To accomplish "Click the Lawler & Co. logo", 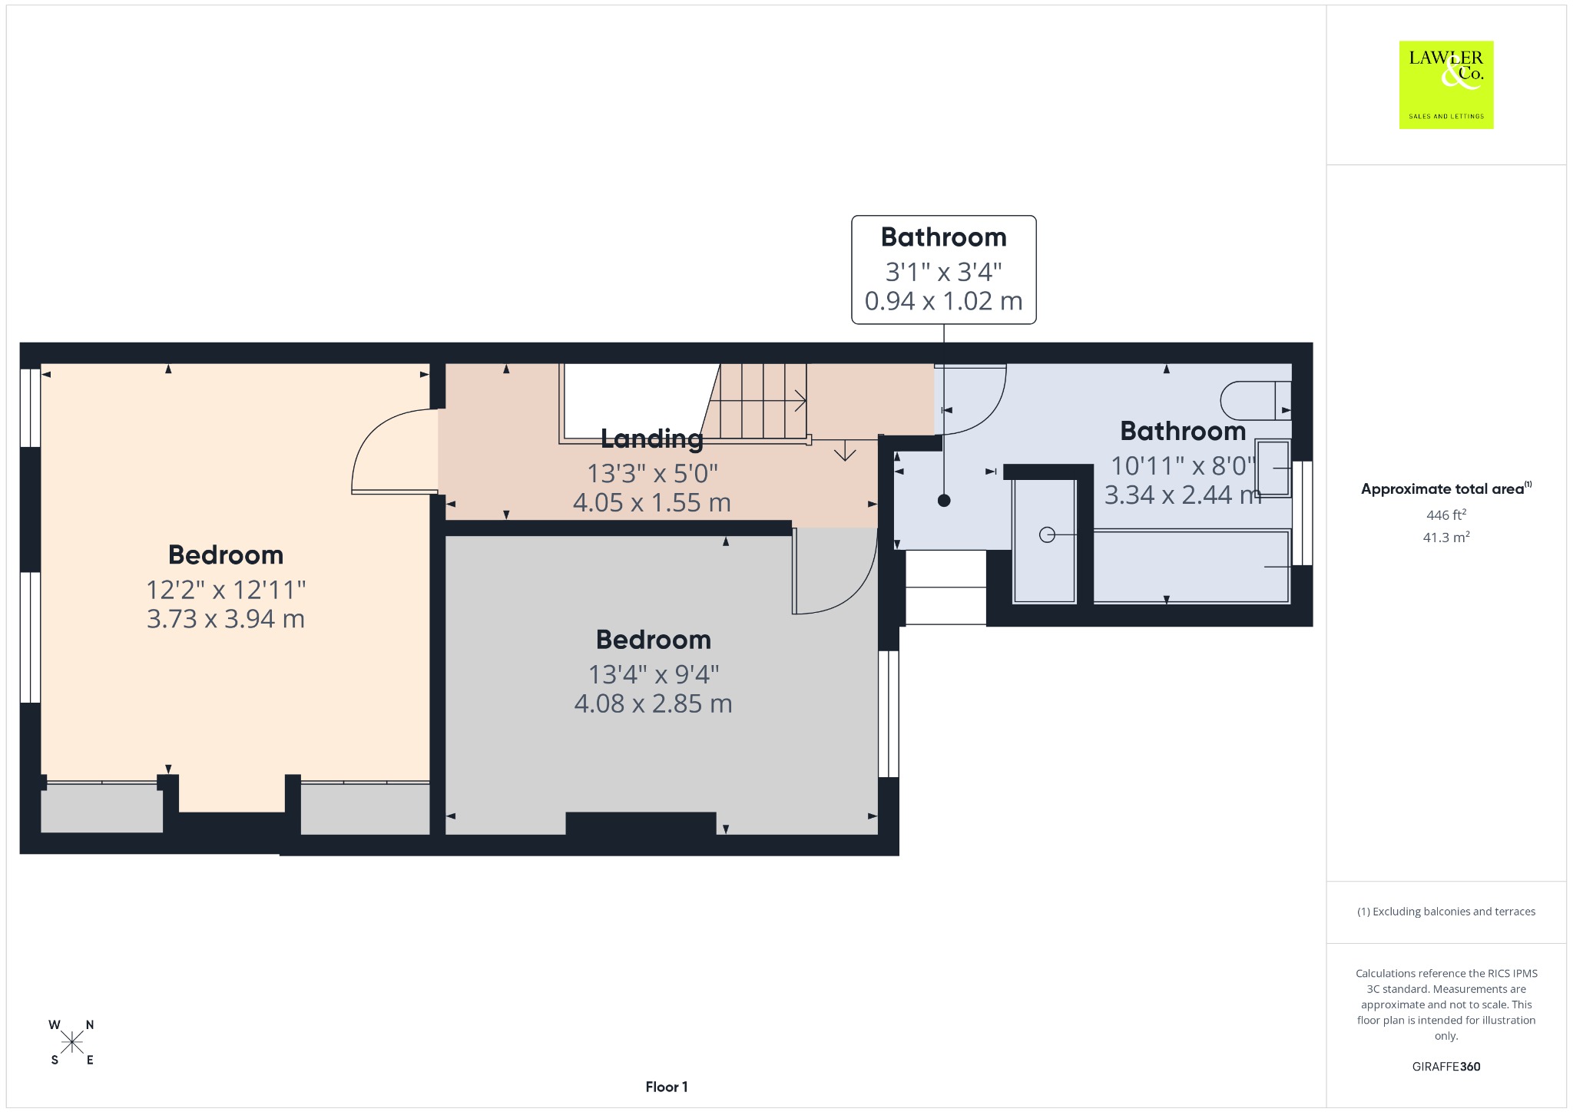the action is tap(1446, 84).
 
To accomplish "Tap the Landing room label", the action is tap(652, 439).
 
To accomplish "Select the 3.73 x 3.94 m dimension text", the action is tap(226, 619).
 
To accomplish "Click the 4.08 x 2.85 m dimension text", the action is tap(653, 703).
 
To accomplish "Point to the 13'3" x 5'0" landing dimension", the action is tap(652, 473).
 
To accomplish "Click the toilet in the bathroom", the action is tap(1256, 400).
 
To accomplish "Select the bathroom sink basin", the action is tap(1273, 468).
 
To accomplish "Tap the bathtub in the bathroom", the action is tap(1191, 566).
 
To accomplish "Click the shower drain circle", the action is tap(1047, 534).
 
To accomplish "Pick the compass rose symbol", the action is tap(72, 1042).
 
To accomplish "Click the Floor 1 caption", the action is tap(667, 1087).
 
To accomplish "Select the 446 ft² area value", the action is tap(1446, 515).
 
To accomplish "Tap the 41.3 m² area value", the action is tap(1446, 537).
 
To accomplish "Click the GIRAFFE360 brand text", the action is tap(1446, 1067).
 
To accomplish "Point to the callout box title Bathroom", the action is tap(944, 237).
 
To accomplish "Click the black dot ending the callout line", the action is tap(944, 501).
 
